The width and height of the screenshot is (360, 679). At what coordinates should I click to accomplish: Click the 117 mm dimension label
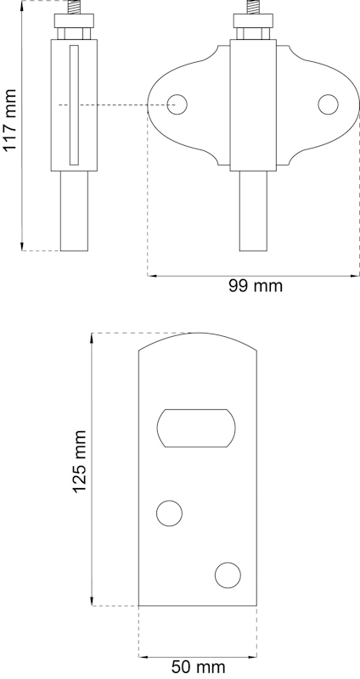pos(11,121)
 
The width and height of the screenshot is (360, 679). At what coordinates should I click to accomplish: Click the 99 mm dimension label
pos(255,286)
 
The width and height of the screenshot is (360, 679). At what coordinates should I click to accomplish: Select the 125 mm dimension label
pos(80,462)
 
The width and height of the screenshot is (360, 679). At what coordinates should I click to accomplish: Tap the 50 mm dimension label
pos(198,667)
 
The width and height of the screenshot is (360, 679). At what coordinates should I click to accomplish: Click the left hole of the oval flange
pos(177,104)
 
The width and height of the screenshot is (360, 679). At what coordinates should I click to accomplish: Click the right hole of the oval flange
pos(329,104)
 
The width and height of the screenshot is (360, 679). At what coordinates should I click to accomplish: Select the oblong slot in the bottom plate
pos(197,428)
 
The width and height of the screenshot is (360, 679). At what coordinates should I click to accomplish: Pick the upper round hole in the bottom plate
pos(170,513)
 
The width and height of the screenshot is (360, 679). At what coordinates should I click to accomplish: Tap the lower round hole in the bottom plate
pos(228,575)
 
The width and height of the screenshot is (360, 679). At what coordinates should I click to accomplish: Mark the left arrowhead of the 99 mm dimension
pos(150,275)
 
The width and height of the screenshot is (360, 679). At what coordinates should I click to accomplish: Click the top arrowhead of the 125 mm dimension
pos(92,337)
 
